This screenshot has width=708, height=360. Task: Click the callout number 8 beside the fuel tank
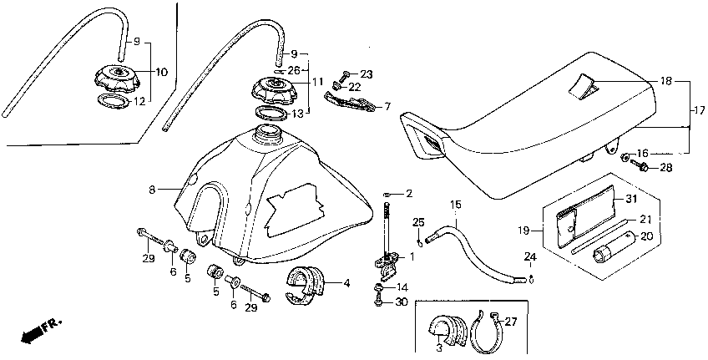(x=153, y=190)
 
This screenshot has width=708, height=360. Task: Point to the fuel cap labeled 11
(x=276, y=89)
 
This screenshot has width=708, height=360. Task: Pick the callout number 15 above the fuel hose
(x=456, y=204)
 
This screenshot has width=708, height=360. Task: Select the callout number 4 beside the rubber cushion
(x=346, y=283)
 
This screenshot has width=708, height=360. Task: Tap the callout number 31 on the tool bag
(x=630, y=199)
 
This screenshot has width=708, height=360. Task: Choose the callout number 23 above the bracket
(x=367, y=74)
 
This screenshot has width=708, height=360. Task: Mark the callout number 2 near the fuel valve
(x=409, y=194)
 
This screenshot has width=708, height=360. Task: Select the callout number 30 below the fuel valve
(x=402, y=302)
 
